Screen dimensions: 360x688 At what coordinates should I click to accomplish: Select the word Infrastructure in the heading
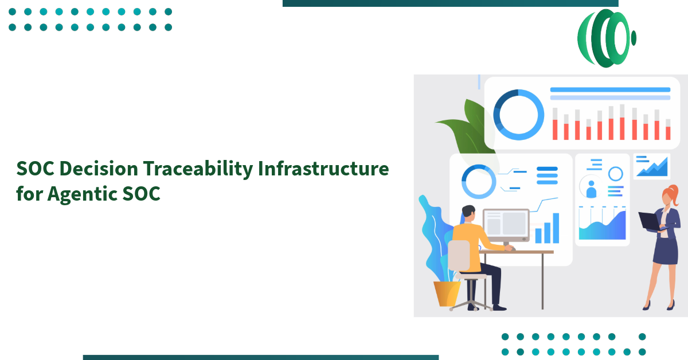click(x=323, y=169)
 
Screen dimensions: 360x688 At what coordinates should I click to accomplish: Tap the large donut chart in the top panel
click(x=518, y=115)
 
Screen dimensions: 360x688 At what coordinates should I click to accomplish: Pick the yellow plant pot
click(x=447, y=293)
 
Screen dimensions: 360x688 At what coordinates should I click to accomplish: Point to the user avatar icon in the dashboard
click(x=591, y=189)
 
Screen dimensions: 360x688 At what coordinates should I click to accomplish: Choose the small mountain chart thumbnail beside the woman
click(x=652, y=166)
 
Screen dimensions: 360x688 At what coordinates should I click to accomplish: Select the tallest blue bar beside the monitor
click(x=556, y=228)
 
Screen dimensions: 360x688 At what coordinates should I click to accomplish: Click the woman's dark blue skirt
click(x=665, y=251)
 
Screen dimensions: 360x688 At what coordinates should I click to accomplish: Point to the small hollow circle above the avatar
click(x=615, y=174)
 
